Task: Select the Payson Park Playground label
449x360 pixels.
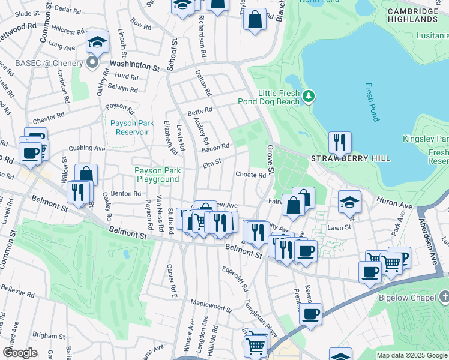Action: [158, 175]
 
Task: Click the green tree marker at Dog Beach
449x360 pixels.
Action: [309, 96]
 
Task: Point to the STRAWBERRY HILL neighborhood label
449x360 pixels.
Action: [351, 158]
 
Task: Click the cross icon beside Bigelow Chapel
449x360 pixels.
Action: [444, 297]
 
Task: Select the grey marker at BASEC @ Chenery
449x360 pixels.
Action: [92, 63]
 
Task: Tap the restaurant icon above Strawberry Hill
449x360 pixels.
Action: [340, 143]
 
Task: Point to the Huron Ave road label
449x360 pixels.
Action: [394, 202]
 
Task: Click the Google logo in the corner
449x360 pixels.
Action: [20, 353]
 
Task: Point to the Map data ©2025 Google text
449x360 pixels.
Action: [412, 355]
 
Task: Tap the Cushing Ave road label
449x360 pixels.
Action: [87, 148]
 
